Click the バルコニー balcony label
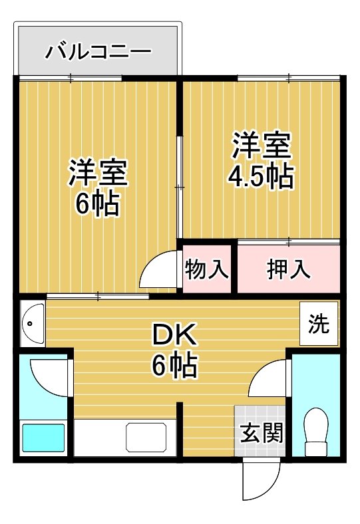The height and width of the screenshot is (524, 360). point(98,51)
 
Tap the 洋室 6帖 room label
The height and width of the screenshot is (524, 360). point(98,188)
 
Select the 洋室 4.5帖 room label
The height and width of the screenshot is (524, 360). point(261,160)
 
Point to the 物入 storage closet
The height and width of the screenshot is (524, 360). point(207,269)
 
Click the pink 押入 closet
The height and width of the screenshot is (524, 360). point(288,269)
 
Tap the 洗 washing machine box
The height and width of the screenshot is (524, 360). point(319,324)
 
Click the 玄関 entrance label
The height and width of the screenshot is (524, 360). point(260,432)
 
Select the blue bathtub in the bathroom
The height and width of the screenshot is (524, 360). point(43,437)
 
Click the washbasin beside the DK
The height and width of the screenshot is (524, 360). point(31,324)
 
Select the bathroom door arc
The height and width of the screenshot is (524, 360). point(52,377)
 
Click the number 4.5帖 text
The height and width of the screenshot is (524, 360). point(261,177)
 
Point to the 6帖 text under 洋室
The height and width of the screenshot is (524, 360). point(98,204)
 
